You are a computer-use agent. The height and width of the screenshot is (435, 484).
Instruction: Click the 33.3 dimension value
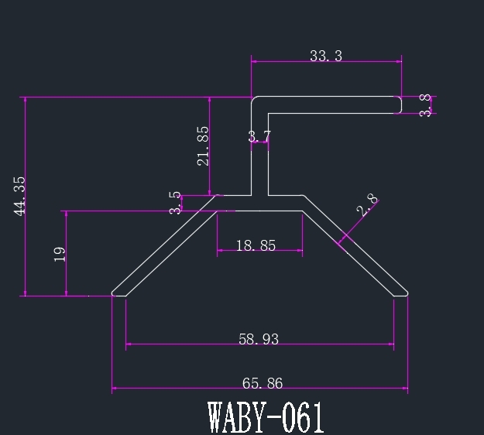click(326, 56)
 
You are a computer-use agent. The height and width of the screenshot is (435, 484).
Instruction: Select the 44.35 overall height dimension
click(19, 196)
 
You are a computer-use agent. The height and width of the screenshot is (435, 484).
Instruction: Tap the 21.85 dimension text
click(203, 146)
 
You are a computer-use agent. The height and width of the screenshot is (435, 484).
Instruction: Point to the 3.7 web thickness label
click(259, 136)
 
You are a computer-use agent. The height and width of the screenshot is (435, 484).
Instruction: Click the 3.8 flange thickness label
click(425, 105)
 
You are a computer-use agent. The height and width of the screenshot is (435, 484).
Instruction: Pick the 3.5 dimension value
click(175, 203)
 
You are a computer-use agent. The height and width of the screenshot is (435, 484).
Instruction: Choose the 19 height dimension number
click(60, 255)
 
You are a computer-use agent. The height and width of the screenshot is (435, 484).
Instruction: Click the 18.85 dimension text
click(256, 246)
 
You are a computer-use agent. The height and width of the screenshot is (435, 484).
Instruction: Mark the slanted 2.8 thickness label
click(367, 205)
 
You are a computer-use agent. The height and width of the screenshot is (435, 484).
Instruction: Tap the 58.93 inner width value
click(259, 339)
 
